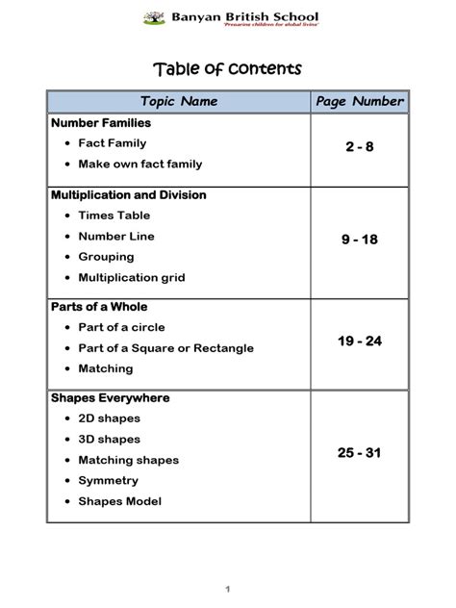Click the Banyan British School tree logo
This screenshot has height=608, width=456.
[153, 17]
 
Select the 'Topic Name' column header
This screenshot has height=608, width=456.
[179, 101]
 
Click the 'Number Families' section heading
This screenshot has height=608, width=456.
[100, 123]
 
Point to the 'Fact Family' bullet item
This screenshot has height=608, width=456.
[112, 143]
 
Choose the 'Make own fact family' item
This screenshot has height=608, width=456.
[139, 165]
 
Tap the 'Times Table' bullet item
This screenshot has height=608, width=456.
[114, 215]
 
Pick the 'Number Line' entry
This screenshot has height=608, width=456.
[115, 237]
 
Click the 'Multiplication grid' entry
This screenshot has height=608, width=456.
[131, 278]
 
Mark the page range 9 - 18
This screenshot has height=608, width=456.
[359, 240]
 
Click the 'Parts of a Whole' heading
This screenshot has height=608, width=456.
[101, 308]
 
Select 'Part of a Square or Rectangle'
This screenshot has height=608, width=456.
[165, 348]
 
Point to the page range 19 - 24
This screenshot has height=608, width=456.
[359, 342]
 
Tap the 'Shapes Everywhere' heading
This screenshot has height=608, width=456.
[110, 398]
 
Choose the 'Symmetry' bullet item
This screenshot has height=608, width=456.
[108, 481]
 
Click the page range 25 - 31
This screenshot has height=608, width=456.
[359, 452]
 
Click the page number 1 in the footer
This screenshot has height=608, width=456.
[228, 589]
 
